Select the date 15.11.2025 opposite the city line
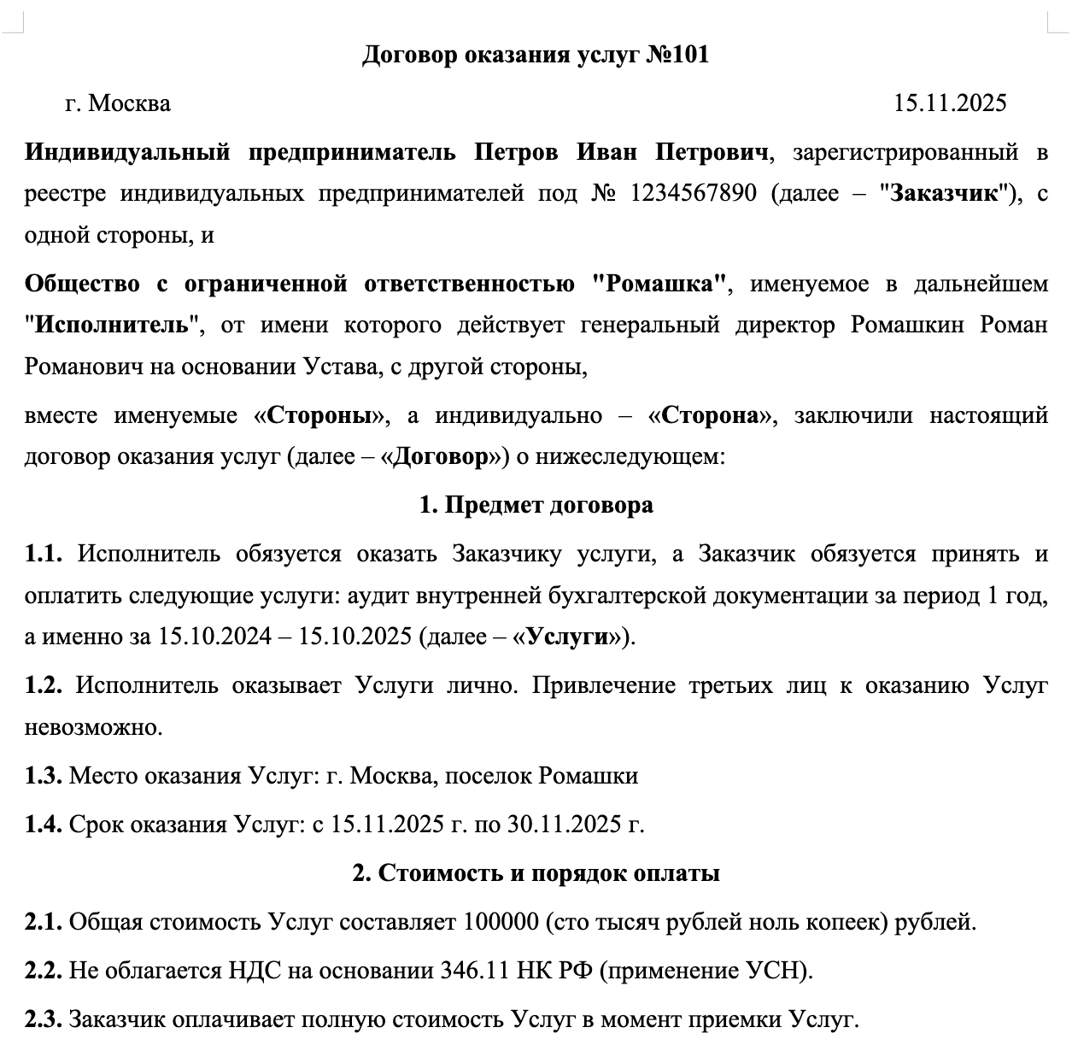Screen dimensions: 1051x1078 950,103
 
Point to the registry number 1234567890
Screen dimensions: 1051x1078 693,194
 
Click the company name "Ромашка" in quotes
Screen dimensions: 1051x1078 662,284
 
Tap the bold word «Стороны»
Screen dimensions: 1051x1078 319,416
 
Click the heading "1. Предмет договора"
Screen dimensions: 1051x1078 536,505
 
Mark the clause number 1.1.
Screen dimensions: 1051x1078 44,554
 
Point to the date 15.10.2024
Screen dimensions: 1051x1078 214,637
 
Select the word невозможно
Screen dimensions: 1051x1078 92,727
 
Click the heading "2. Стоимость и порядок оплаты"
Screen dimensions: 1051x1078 536,873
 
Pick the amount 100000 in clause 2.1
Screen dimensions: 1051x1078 501,923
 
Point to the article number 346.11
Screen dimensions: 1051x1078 475,972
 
